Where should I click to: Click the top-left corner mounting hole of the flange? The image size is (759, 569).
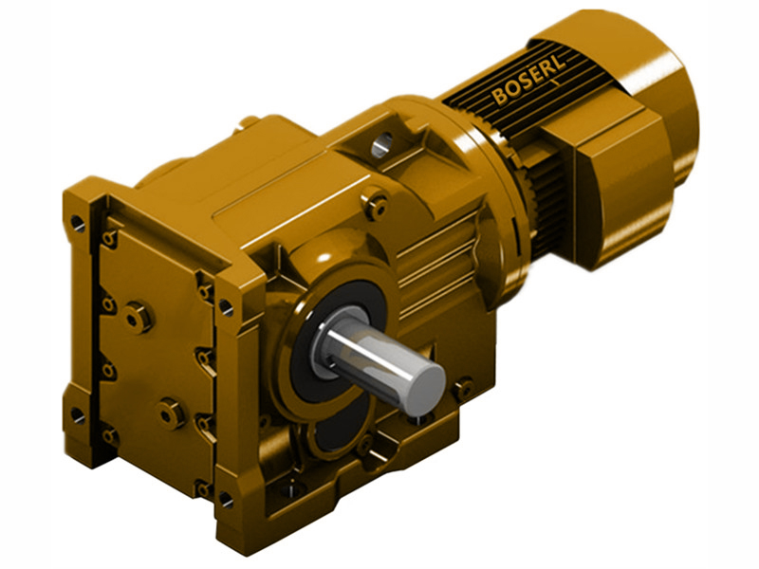76,224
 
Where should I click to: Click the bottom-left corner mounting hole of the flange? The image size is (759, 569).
76,414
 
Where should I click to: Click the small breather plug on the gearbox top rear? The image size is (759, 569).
249,121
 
